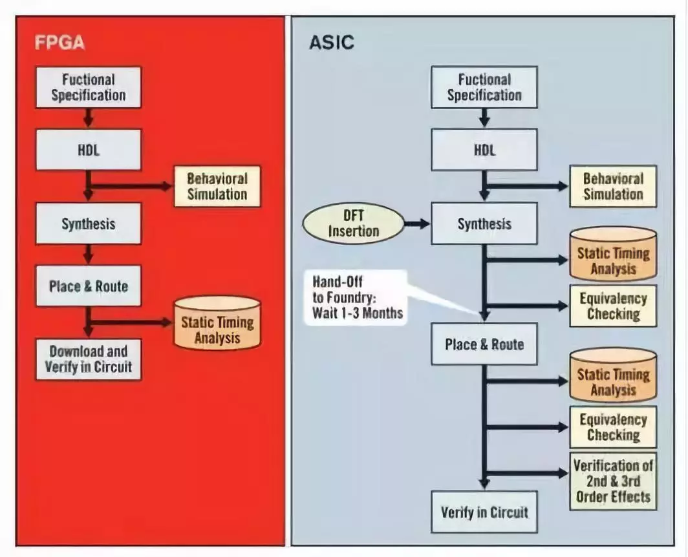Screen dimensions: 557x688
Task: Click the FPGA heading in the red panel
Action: point(59,44)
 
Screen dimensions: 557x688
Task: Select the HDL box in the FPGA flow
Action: point(88,149)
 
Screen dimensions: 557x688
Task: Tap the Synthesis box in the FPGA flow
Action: point(88,224)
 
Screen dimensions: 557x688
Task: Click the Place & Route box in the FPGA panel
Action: point(88,286)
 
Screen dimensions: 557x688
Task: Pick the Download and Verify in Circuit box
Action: point(88,359)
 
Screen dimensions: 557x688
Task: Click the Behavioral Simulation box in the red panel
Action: point(217,186)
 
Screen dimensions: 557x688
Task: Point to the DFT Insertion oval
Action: point(353,224)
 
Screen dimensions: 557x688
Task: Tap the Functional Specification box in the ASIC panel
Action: point(484,87)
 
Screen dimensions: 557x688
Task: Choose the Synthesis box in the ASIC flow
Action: point(484,224)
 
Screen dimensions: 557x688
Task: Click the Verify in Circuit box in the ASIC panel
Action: point(484,512)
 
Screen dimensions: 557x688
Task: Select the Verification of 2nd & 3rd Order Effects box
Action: point(613,481)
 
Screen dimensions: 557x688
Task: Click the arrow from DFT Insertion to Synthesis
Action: point(417,224)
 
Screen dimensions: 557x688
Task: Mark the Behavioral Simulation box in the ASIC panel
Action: point(613,186)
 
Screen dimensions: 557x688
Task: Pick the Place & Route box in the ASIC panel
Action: point(484,344)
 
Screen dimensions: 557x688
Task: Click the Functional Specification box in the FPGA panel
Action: point(88,87)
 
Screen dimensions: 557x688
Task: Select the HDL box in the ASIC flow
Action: point(484,149)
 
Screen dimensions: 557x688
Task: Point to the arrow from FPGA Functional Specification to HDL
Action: point(89,118)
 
